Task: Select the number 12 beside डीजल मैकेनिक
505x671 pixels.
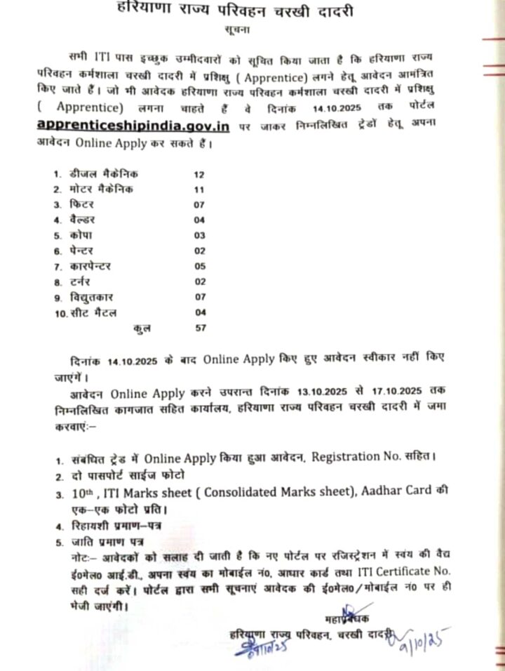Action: pyautogui.click(x=199, y=173)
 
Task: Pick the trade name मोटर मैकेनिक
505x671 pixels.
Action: pyautogui.click(x=101, y=190)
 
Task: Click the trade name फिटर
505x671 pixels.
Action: pyautogui.click(x=82, y=204)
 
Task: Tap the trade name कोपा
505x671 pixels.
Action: pyautogui.click(x=81, y=234)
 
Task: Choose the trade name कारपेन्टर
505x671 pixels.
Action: pyautogui.click(x=90, y=266)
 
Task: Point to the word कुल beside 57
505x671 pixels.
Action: pyautogui.click(x=144, y=327)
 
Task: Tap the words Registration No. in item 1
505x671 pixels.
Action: pyautogui.click(x=358, y=458)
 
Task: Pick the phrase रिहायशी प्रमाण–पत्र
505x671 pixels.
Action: pyautogui.click(x=111, y=525)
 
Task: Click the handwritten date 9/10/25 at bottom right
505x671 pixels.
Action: pyautogui.click(x=425, y=639)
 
